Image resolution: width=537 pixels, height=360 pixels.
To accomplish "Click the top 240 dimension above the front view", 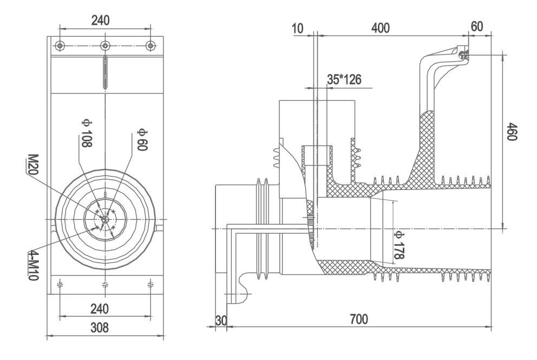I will click(x=100, y=20).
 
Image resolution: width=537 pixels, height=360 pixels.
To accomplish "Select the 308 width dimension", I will click(x=100, y=327).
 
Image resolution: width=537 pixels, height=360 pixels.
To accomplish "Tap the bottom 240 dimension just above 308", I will click(x=100, y=309).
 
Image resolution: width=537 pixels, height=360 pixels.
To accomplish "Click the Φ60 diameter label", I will click(x=142, y=140).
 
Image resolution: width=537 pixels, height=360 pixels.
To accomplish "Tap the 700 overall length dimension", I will click(x=358, y=318).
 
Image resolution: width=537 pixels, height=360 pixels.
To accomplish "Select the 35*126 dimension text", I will click(x=344, y=79).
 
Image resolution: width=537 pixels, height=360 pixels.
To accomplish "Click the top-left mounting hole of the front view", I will click(x=61, y=45).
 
